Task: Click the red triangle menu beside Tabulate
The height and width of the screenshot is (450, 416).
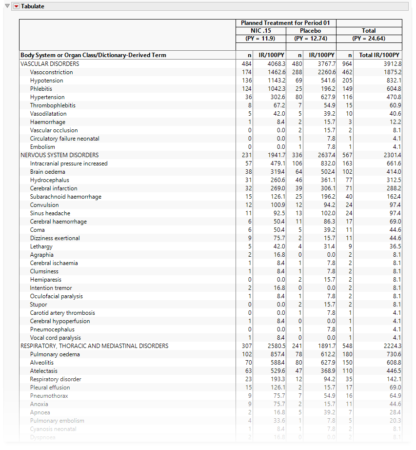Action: point(16,6)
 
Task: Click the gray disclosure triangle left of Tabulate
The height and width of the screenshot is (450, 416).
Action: point(7,6)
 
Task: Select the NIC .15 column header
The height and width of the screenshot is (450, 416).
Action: point(261,31)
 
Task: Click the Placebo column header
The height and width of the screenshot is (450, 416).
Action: point(310,31)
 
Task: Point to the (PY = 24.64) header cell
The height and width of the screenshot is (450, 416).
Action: point(369,39)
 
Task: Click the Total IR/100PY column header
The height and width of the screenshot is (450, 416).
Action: point(379,55)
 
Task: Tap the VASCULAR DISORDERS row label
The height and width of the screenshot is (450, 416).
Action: point(50,64)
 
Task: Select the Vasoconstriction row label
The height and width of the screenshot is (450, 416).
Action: point(51,72)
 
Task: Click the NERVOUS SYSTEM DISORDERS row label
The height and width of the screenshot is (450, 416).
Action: point(59,155)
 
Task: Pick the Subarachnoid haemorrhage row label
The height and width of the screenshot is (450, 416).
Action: point(66,197)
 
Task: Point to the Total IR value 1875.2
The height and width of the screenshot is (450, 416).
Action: point(392,72)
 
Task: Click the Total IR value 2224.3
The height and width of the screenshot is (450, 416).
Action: point(392,346)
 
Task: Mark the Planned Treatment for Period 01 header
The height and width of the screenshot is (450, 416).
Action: point(285,23)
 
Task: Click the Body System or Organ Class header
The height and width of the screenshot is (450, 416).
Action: point(93,55)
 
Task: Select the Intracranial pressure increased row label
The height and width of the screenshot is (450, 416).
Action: point(69,164)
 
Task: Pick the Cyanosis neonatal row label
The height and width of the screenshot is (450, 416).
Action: point(53,429)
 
